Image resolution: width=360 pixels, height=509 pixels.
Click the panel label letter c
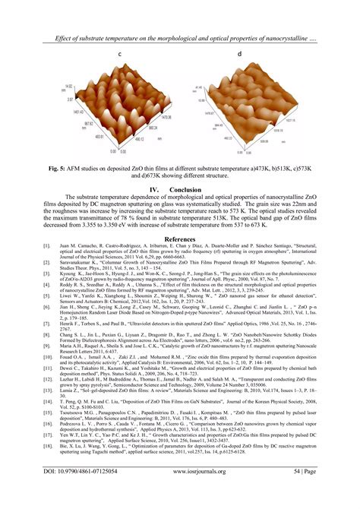[120, 55]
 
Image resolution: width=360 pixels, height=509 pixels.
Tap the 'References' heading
[180, 238]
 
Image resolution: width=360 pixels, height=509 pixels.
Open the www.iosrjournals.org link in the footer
[180, 492]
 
